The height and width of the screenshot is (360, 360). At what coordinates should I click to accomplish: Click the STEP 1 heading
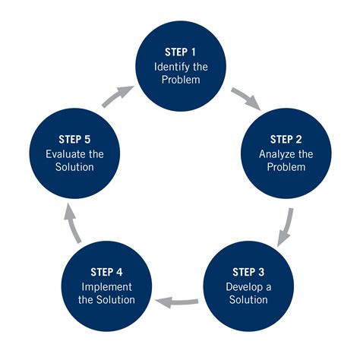point(180,52)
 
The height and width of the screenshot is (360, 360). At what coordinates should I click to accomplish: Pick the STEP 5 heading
point(74,140)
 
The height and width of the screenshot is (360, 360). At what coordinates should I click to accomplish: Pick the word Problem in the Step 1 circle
point(180,79)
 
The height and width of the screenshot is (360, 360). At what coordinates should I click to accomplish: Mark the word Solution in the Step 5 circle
point(74,166)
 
